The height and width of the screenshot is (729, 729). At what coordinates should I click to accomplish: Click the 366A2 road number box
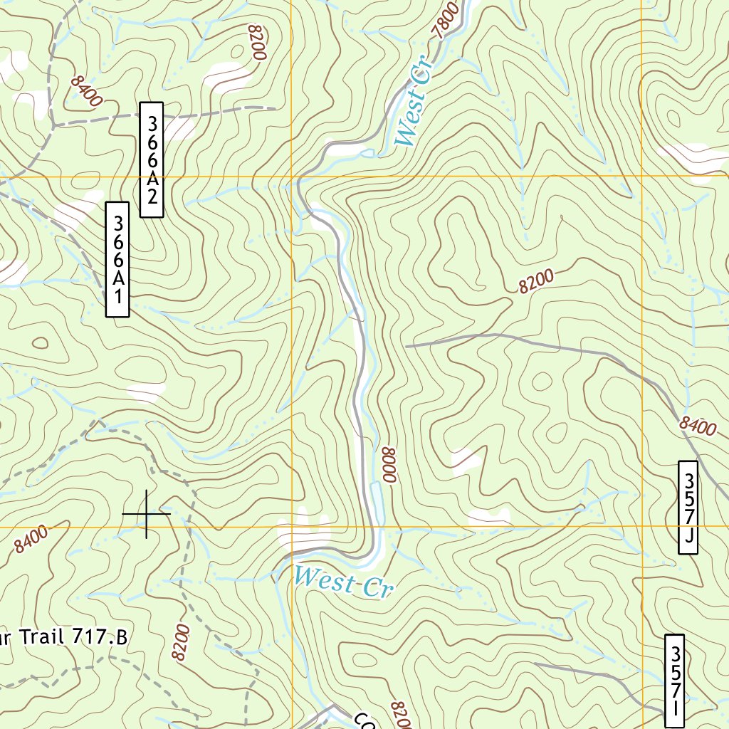[x=152, y=159]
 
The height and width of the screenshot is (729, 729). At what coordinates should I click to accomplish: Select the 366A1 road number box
[x=117, y=259]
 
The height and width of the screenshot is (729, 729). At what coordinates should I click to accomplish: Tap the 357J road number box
[x=688, y=507]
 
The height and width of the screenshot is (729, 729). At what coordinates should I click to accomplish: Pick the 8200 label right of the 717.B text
[x=181, y=642]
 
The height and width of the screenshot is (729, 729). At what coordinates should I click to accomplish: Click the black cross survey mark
[x=147, y=513]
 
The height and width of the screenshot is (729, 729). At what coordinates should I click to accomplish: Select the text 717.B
[x=99, y=637]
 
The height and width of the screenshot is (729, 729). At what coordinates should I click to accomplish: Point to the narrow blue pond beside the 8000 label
[x=377, y=501]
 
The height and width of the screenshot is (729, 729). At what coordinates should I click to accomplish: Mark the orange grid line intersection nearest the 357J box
[x=641, y=527]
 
